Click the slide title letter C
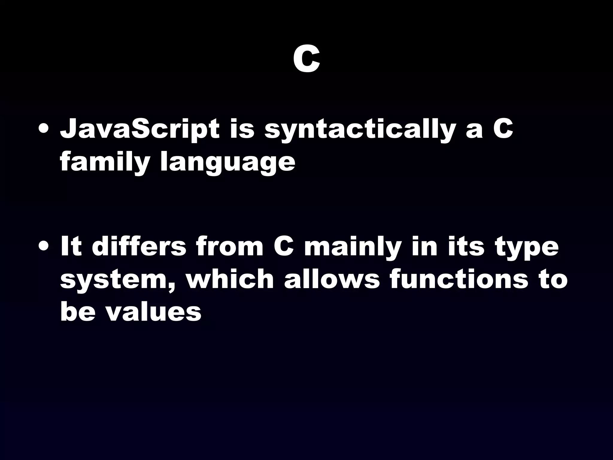(x=306, y=61)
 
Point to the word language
(x=227, y=163)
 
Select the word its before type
(x=466, y=247)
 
